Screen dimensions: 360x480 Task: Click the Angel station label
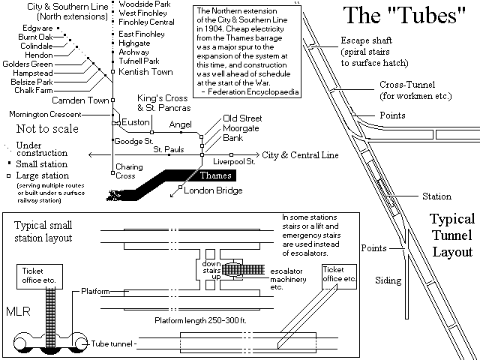(x=181, y=124)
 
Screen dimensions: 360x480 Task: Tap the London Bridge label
(x=214, y=191)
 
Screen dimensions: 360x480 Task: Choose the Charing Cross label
(x=125, y=171)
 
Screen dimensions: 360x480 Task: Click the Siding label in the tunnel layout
(x=388, y=281)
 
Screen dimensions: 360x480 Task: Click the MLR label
(x=18, y=310)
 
